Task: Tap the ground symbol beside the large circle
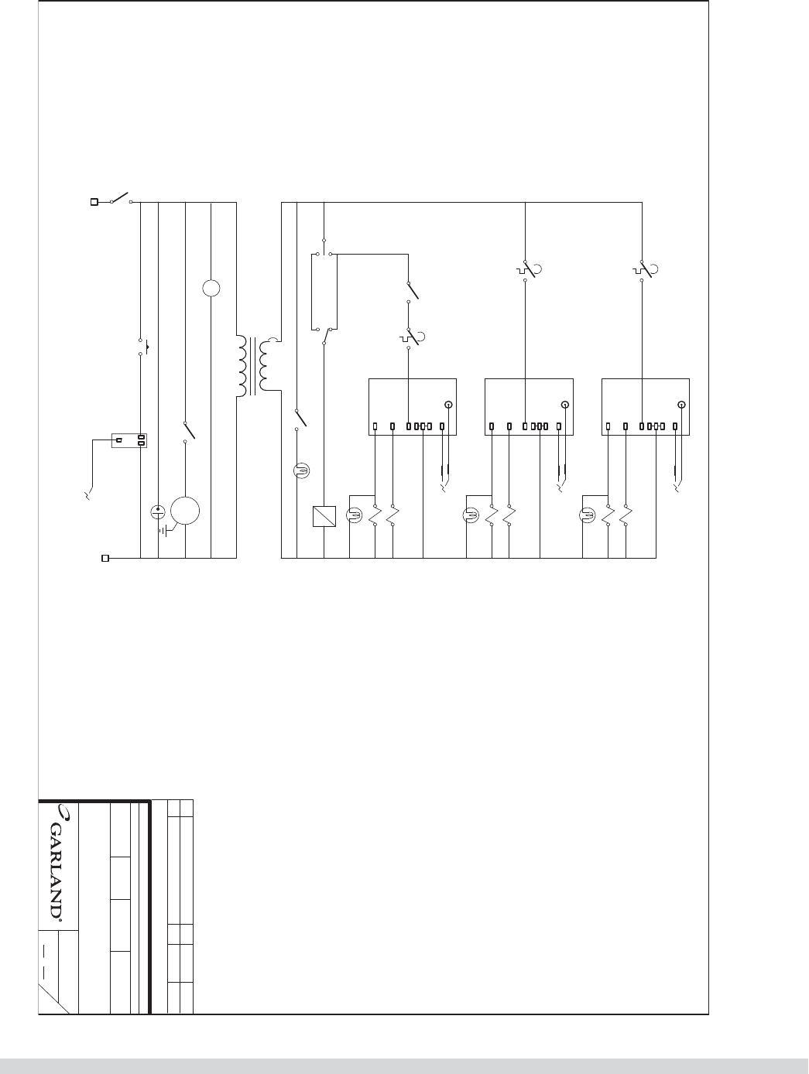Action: pyautogui.click(x=165, y=531)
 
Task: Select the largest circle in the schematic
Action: pyautogui.click(x=185, y=511)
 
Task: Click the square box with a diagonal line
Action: pyautogui.click(x=323, y=516)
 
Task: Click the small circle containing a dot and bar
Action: pyautogui.click(x=157, y=511)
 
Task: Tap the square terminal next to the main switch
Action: pyautogui.click(x=95, y=203)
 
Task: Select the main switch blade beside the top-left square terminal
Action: pyautogui.click(x=122, y=197)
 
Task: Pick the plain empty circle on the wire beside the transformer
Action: pyautogui.click(x=211, y=289)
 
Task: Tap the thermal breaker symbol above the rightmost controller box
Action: pyautogui.click(x=643, y=270)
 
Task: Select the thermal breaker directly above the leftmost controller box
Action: pyautogui.click(x=410, y=338)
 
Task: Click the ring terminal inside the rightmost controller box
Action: pyautogui.click(x=681, y=405)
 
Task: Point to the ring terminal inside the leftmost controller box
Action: pyautogui.click(x=448, y=405)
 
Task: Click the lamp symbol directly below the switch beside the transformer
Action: pyautogui.click(x=301, y=470)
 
